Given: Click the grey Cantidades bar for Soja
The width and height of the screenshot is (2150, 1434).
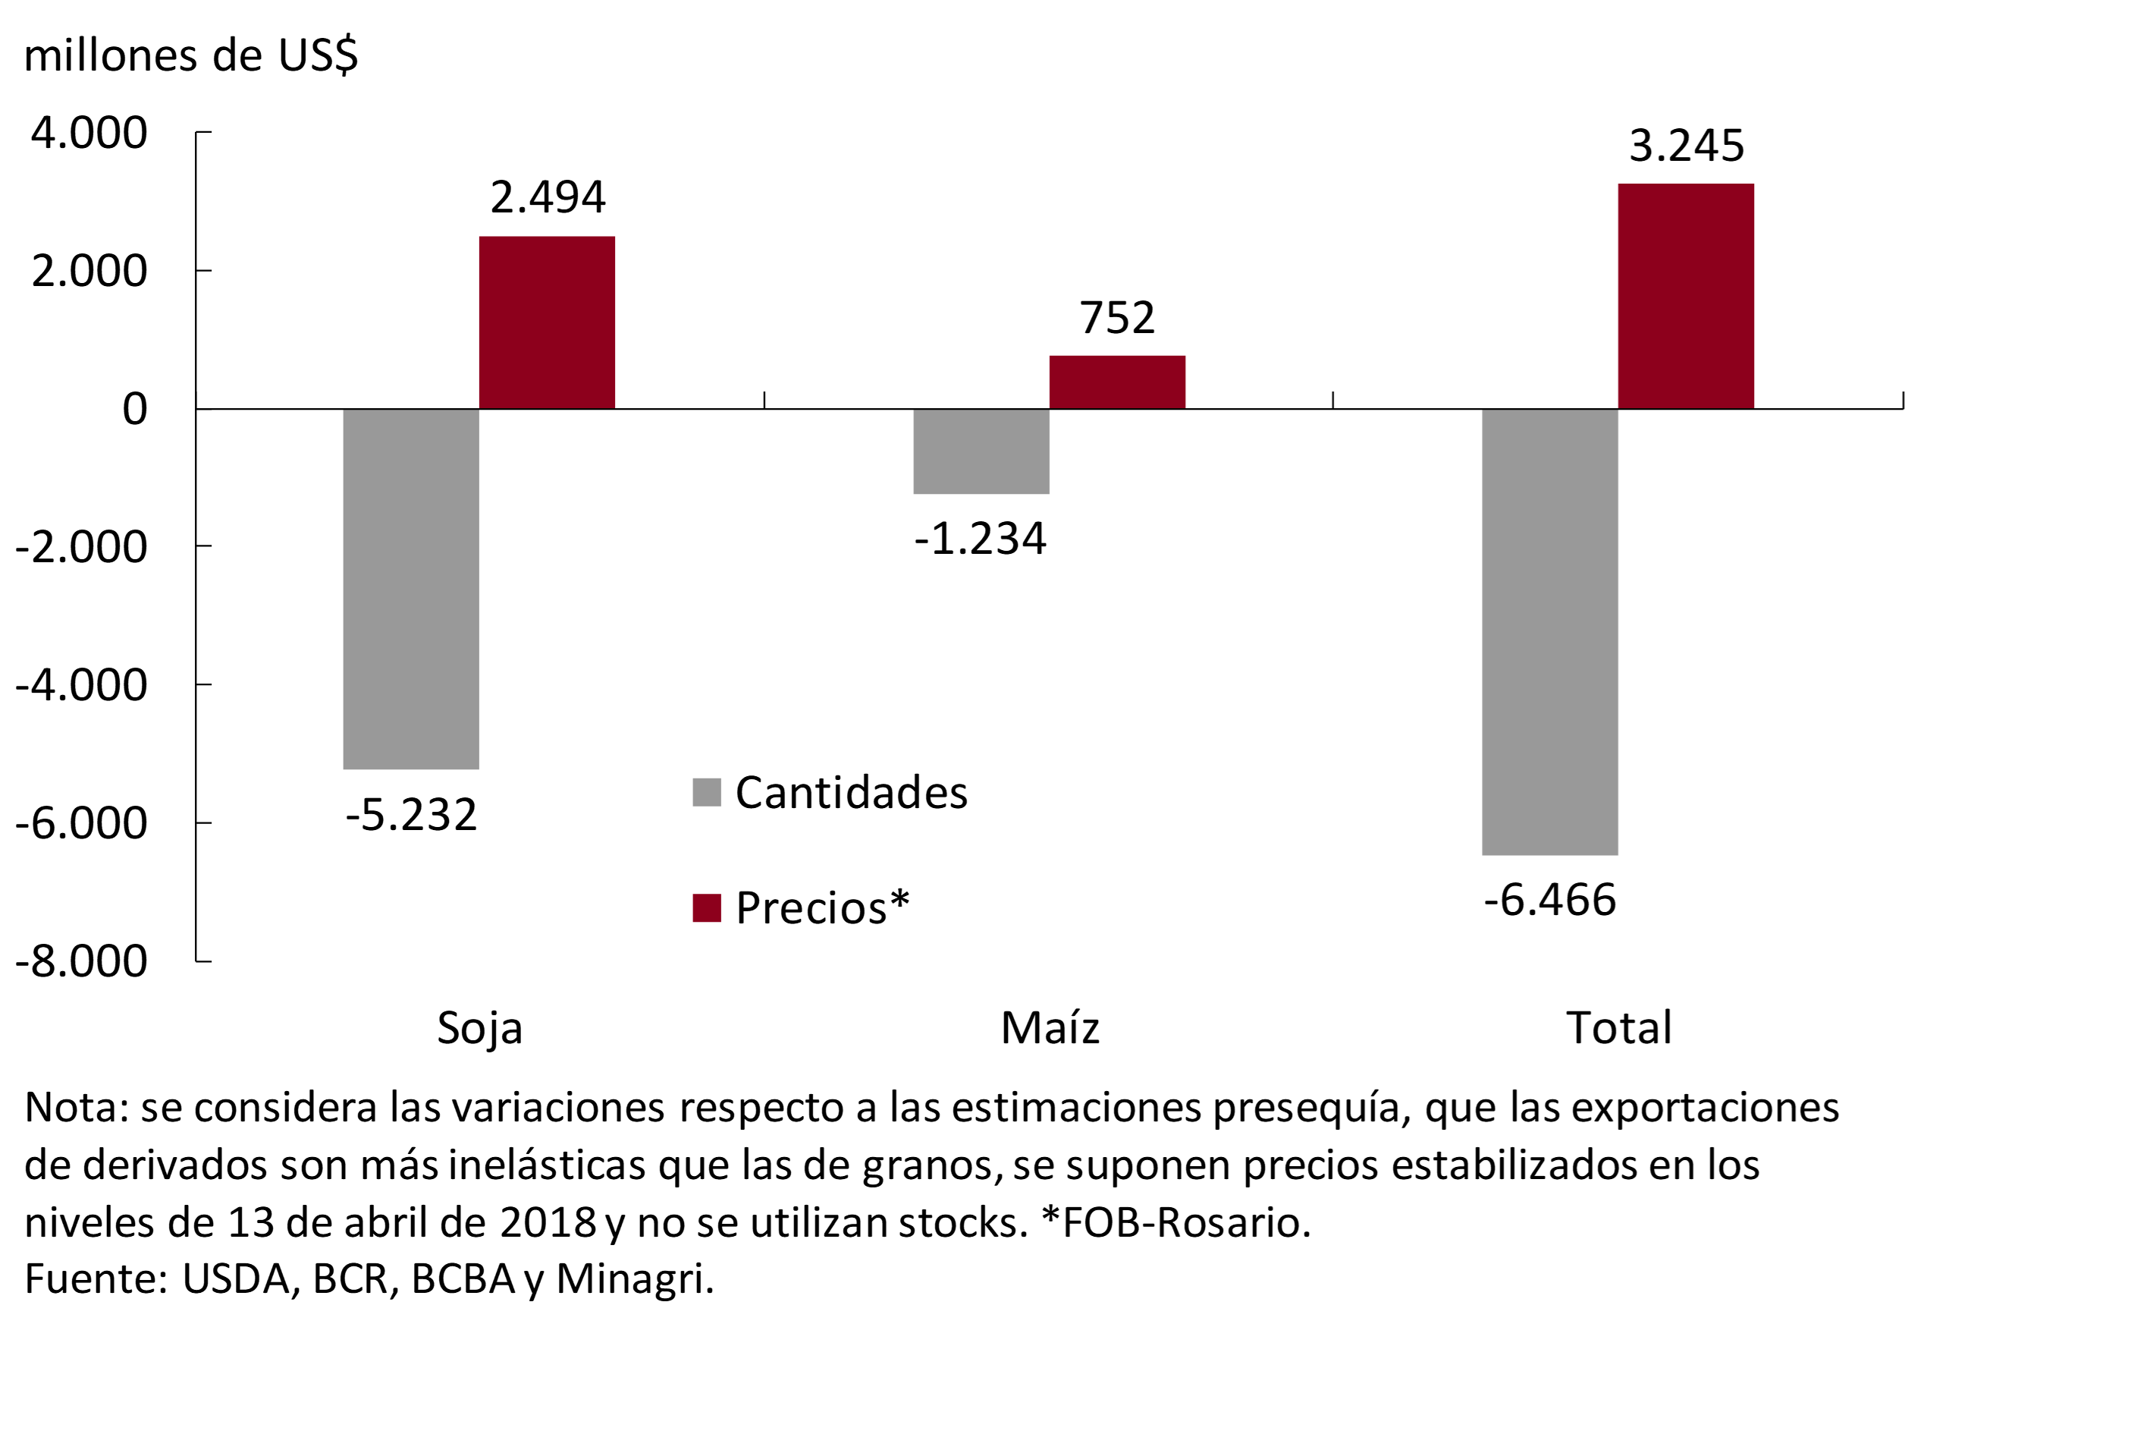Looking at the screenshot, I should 410,588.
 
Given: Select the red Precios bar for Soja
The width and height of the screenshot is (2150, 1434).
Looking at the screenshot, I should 547,322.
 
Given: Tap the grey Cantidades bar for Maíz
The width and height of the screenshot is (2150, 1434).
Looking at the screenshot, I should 981,451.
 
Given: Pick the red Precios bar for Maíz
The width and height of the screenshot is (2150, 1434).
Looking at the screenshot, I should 1117,382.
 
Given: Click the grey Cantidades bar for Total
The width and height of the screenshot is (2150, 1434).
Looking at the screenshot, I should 1549,631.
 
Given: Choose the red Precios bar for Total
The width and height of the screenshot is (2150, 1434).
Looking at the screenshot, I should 1686,295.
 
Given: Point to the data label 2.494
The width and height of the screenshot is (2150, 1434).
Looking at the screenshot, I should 548,197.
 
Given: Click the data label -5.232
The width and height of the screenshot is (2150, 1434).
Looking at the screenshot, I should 411,814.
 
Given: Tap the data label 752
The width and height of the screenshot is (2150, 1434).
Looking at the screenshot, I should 1117,317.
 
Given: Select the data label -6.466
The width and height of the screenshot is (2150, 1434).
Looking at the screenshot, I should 1550,900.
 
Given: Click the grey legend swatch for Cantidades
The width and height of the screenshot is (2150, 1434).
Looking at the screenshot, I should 707,792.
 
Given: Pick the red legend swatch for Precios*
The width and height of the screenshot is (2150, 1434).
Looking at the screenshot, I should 707,908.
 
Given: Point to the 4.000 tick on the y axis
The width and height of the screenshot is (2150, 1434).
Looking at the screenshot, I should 89,133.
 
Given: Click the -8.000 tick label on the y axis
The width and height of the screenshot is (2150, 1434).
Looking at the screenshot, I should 81,961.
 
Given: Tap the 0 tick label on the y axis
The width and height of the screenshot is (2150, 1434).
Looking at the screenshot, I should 134,409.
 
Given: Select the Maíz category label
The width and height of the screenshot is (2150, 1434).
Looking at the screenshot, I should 1050,1027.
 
